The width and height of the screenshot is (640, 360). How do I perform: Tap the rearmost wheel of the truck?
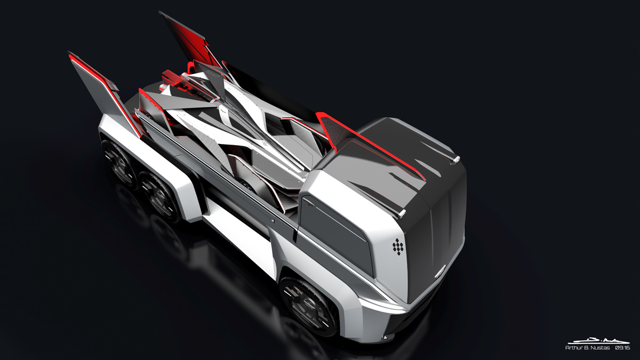pyautogui.click(x=118, y=163)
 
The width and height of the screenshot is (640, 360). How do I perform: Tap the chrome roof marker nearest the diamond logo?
pyautogui.click(x=402, y=213)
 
